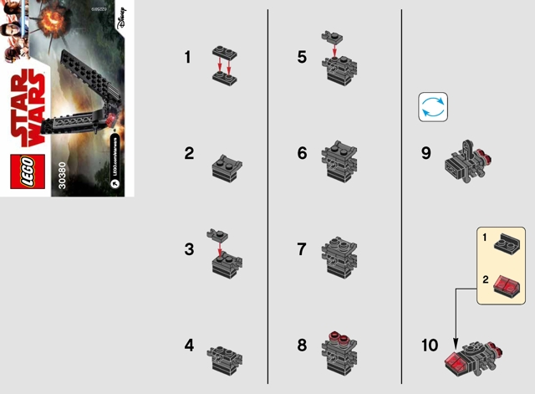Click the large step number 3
189,250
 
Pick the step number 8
302,345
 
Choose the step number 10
431,345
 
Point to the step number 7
302,250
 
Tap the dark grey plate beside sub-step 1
509,244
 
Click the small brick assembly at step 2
226,165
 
